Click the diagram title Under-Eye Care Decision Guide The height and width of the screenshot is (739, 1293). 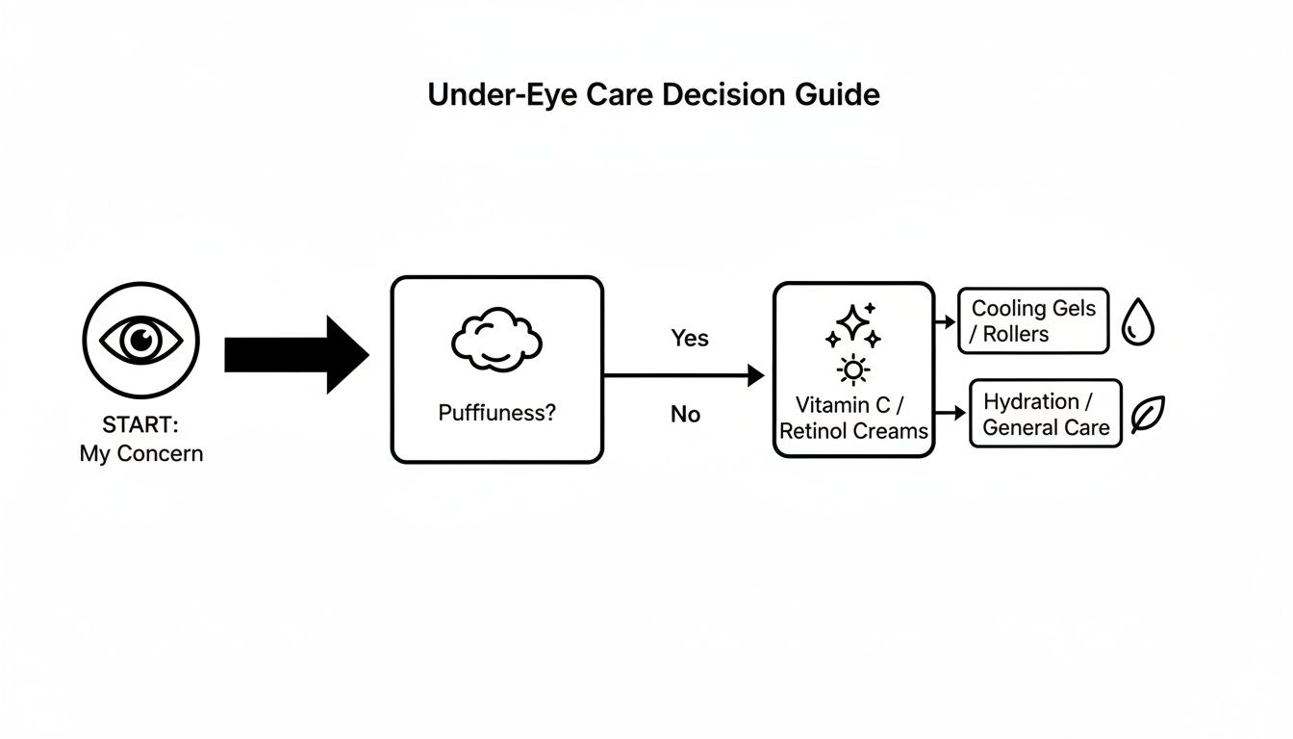[x=653, y=94]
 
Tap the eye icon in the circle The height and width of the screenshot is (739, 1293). [x=141, y=340]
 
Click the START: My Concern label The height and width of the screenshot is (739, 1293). [x=141, y=440]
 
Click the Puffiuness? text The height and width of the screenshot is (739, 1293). [x=496, y=413]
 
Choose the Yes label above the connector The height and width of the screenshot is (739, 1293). [x=689, y=338]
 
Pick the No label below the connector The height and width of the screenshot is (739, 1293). [x=685, y=415]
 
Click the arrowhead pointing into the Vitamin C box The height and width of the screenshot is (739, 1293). [x=756, y=375]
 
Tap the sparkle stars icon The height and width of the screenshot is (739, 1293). [x=852, y=325]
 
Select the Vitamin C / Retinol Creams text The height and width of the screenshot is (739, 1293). [x=853, y=419]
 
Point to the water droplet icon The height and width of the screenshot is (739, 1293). [x=1138, y=321]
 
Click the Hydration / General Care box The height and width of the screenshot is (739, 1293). [x=1046, y=414]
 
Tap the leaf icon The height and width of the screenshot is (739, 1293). [x=1147, y=415]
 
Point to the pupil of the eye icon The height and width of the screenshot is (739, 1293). [x=141, y=340]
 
